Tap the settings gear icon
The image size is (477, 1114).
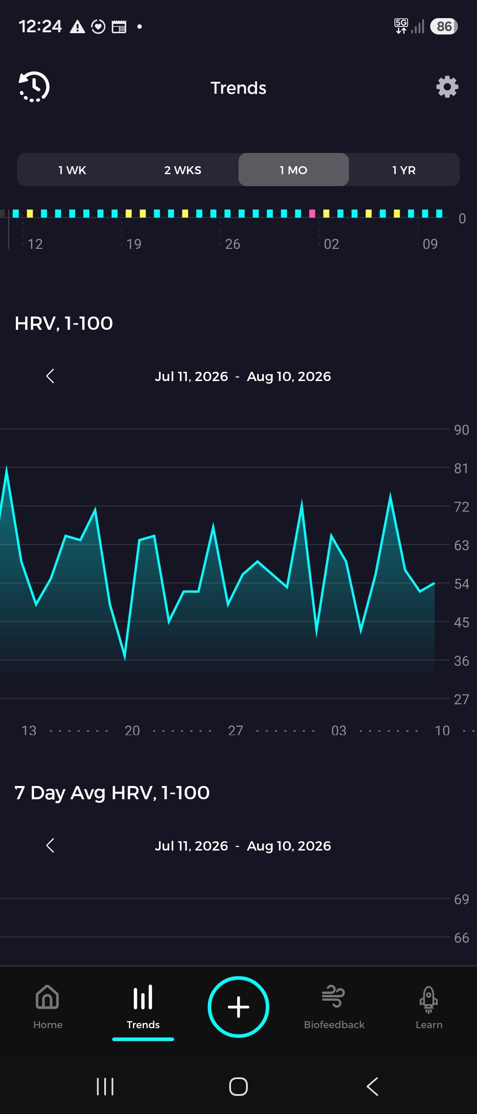447,87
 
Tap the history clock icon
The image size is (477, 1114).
34,87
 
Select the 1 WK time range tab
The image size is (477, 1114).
72,170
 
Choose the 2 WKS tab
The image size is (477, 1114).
183,170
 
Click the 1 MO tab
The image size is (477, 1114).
294,170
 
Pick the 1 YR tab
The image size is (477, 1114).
404,170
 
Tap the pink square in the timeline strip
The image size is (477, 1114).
312,214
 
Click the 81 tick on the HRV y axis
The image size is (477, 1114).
462,468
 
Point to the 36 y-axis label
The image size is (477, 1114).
462,661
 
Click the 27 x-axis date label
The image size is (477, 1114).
235,730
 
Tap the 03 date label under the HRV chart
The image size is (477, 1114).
339,730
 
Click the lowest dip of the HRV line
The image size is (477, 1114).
125,658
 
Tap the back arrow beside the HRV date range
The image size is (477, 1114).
50,376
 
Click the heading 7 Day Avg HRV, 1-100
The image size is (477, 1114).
112,793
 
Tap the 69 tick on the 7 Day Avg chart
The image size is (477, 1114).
462,899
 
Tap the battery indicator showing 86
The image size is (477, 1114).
444,27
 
